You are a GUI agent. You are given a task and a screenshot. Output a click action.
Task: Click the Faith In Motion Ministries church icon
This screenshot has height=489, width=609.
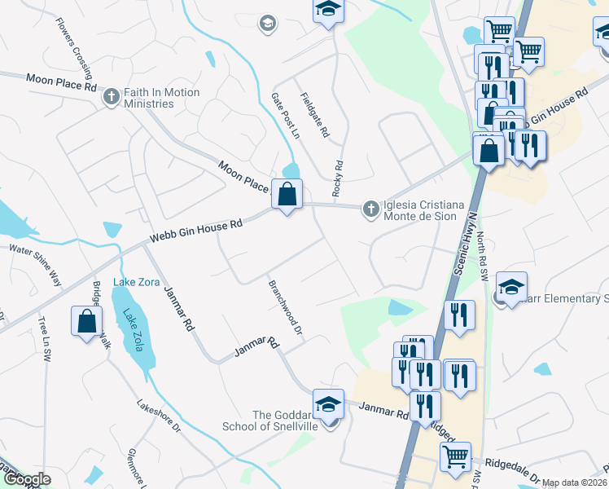coord(112,97)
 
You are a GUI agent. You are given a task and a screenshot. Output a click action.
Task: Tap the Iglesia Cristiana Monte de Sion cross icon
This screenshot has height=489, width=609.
coord(371,209)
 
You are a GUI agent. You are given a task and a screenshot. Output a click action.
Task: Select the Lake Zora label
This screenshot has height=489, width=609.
coord(136,282)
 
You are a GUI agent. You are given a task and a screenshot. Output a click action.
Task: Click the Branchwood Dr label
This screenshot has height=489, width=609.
coord(286,309)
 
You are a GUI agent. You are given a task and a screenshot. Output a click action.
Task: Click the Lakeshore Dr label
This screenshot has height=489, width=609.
coord(158,415)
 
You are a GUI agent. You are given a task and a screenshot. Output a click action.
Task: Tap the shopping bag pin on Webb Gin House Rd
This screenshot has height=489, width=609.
coord(287,195)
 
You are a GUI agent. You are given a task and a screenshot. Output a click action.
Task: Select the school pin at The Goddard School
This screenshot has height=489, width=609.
coord(328,404)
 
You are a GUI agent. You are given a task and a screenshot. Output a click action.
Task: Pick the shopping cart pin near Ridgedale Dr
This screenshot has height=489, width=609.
coord(456,456)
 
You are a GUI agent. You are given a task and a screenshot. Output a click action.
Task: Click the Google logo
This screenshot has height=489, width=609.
coord(27,479)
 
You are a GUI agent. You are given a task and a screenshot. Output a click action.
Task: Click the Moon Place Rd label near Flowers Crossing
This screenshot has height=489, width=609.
coord(61,81)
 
